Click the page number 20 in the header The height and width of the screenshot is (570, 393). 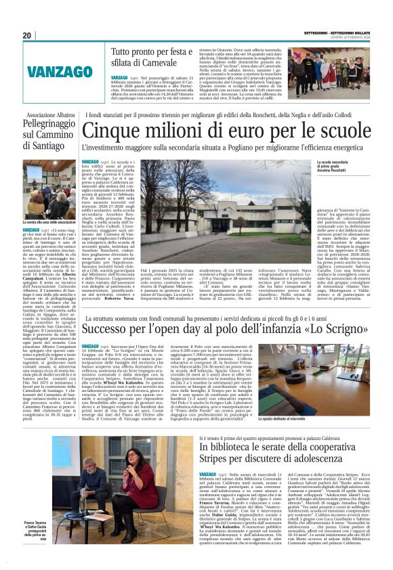tap(26, 35)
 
